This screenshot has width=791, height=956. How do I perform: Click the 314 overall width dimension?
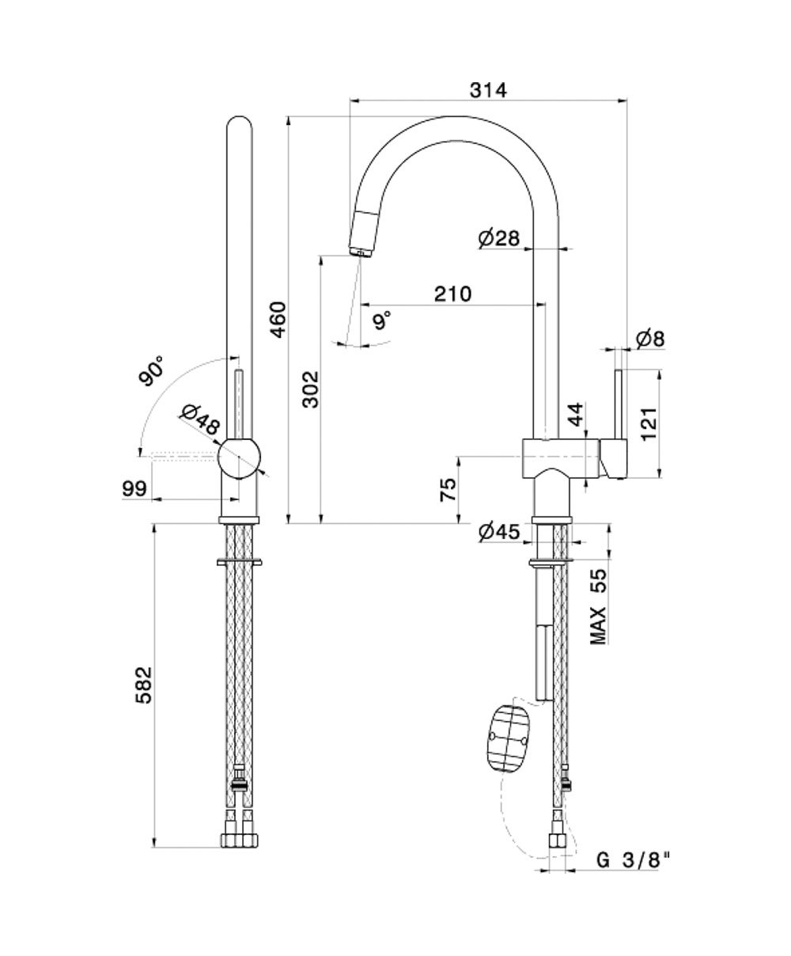[488, 90]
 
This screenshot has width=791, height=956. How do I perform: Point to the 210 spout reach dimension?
[452, 294]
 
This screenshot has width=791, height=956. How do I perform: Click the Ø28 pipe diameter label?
[499, 237]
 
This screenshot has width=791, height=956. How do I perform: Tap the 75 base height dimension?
[448, 490]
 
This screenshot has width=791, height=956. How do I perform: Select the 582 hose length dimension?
[143, 685]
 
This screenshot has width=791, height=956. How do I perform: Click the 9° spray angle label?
[382, 321]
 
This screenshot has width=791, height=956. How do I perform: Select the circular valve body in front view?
[239, 457]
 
